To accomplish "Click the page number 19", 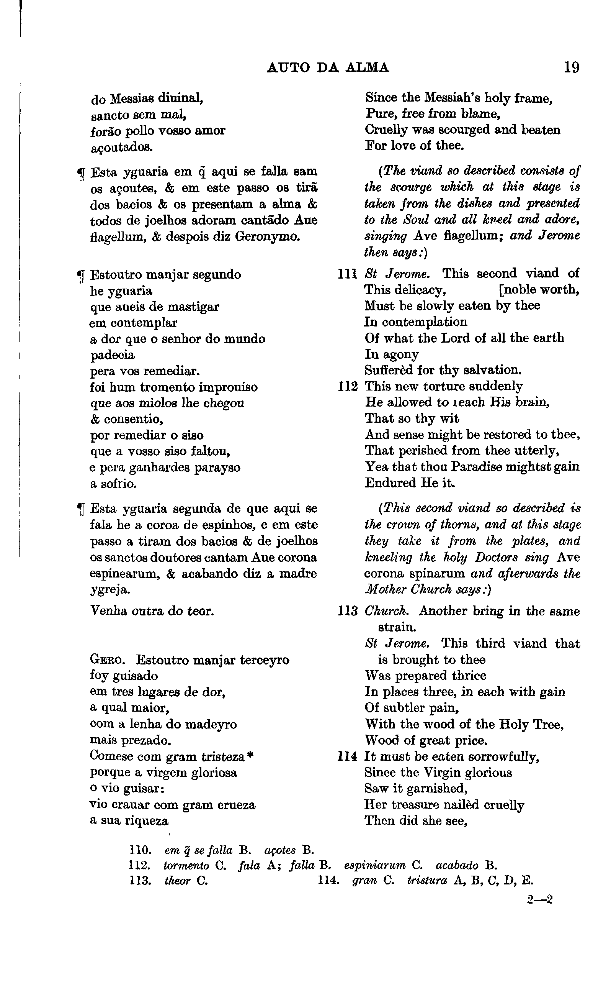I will click(x=572, y=67).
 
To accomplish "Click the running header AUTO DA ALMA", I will click(x=328, y=67).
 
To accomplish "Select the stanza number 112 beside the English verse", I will click(x=348, y=387).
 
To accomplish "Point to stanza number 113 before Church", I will click(x=348, y=611).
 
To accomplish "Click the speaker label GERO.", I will click(x=107, y=660).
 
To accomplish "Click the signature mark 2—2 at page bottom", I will click(x=540, y=899).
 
